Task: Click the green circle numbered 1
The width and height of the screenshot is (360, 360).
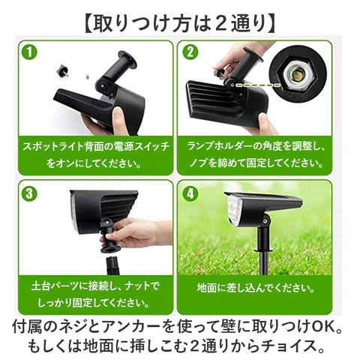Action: pos(29,52)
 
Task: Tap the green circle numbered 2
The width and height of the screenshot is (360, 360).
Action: pos(190,52)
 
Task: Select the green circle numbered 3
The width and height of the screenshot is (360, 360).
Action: pos(29,193)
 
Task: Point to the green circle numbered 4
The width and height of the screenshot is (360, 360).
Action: pos(190,193)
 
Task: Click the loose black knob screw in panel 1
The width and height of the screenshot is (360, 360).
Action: pos(64,70)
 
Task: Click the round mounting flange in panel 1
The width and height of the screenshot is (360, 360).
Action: pos(128,59)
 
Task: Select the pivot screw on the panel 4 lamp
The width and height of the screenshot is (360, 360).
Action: pos(264,220)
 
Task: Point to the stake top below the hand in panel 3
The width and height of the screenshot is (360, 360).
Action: pos(113,265)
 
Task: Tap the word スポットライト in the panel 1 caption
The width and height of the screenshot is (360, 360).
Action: pos(53,146)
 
